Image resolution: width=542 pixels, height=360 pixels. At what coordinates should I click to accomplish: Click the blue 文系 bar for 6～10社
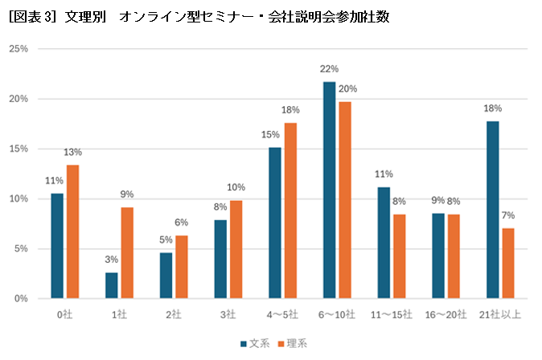point(329,190)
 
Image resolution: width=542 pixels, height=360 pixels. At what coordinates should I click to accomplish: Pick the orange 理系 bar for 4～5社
point(290,211)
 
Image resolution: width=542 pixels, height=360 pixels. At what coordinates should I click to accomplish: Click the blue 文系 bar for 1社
point(111,285)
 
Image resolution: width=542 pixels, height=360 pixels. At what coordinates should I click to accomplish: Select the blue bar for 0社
point(56,246)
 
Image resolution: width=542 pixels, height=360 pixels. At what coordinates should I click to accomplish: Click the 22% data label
point(329,69)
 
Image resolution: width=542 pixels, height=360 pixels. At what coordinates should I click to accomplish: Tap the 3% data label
point(111,260)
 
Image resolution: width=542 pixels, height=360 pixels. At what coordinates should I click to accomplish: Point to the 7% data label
point(508,215)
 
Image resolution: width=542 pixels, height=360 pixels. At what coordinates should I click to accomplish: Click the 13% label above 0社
point(72,152)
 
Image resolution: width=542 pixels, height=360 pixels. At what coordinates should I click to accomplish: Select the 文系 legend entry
point(254,343)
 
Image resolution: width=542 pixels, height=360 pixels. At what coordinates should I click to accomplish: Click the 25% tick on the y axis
point(18,49)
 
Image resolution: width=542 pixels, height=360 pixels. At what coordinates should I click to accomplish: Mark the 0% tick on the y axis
point(21,299)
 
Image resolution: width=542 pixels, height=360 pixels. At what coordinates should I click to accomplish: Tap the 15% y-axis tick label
point(18,149)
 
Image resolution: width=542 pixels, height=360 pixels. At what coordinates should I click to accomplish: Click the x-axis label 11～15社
point(392,314)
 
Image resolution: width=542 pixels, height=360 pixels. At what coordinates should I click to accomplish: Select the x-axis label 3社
point(228,314)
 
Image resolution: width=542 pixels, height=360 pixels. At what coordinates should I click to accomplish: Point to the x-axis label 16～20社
point(446,314)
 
